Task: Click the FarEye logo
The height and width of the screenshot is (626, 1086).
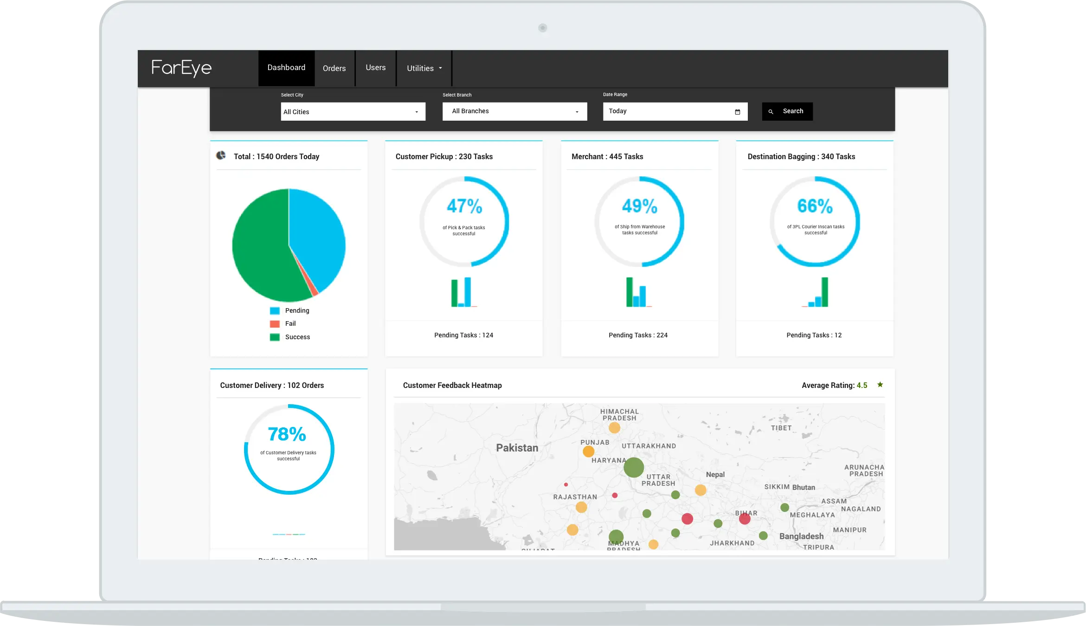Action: coord(181,68)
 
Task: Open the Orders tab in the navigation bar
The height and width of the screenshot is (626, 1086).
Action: coord(334,68)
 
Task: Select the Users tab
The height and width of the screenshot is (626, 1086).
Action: coord(375,68)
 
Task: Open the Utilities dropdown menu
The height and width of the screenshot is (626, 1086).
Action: coord(424,68)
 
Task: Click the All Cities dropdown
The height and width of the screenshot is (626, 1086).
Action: coord(353,112)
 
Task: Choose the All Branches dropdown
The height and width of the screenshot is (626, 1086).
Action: coord(514,111)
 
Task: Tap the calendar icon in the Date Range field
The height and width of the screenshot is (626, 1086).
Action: coord(738,112)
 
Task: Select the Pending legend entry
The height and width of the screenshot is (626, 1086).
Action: coord(296,310)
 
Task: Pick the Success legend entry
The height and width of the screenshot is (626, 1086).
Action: coord(297,337)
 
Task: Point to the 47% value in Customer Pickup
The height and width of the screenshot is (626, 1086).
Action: coord(464,206)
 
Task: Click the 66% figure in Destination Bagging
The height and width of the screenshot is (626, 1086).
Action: coord(815,206)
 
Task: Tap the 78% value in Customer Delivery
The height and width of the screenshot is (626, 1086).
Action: coord(287,434)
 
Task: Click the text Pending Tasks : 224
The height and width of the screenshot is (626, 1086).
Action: coord(638,335)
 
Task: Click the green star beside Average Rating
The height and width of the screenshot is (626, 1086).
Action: coord(880,385)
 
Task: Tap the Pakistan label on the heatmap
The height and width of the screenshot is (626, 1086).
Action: coord(517,448)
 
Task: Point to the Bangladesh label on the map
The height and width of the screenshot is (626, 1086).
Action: coord(801,536)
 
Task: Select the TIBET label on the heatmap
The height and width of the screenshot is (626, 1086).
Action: coord(781,428)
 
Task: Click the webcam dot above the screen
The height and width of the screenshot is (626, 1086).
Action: coord(542,28)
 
